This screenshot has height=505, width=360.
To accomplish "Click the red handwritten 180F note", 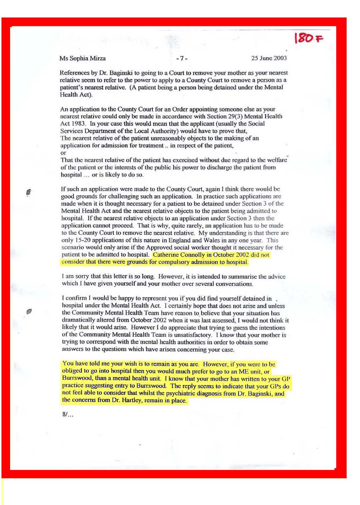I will click(x=309, y=37).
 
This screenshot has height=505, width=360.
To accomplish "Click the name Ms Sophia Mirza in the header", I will click(x=82, y=58).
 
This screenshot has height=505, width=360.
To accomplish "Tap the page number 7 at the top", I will click(x=182, y=58).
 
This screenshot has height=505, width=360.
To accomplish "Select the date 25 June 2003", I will click(x=269, y=58).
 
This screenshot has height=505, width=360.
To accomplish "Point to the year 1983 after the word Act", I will click(x=78, y=123).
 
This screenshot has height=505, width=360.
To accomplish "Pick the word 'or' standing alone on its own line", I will click(x=63, y=153).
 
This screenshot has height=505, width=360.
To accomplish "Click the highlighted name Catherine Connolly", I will click(x=179, y=254).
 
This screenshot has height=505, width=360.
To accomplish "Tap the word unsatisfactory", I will click(x=190, y=335).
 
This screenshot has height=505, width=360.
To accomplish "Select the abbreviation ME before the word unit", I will click(x=243, y=371).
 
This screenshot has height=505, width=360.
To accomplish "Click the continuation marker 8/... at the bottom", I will click(x=67, y=414).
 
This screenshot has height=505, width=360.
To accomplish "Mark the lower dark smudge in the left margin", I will click(x=29, y=311).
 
